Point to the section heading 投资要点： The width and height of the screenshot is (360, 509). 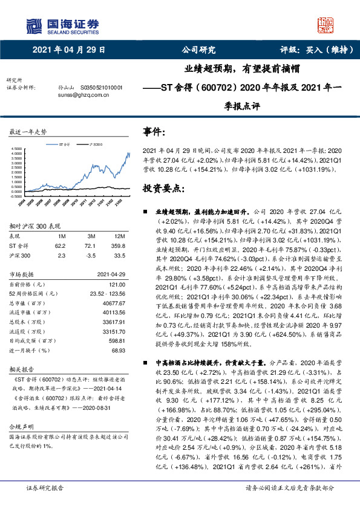[163, 189]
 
